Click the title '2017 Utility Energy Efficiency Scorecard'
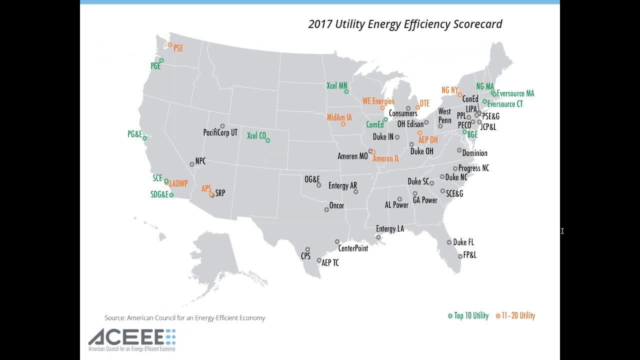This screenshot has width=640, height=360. (405, 24)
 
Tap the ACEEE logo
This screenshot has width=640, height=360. (132, 340)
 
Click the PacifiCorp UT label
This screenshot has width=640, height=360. (220, 133)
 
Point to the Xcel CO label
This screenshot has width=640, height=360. (256, 135)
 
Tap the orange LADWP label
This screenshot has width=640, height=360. (178, 184)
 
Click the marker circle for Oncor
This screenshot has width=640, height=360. (326, 209)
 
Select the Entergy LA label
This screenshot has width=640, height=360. (389, 229)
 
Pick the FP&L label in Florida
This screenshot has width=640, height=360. (469, 255)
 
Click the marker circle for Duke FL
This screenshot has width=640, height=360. (449, 242)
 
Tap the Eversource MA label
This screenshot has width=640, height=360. (515, 93)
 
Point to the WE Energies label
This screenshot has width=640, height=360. (378, 101)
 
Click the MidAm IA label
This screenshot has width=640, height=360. (339, 117)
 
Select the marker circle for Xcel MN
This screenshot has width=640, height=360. (346, 91)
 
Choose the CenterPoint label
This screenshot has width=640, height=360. (353, 248)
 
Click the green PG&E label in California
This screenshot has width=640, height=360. (134, 134)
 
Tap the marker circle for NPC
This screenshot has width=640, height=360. (192, 164)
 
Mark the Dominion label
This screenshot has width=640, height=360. (474, 153)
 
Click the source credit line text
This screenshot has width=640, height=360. (184, 318)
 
